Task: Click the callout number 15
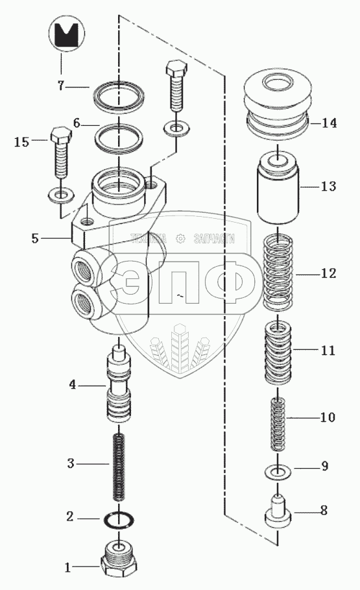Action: coord(21,142)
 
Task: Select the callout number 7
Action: coord(61,86)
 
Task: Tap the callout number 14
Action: coord(328,123)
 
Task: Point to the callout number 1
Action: coord(67,567)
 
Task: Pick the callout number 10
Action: coord(328,417)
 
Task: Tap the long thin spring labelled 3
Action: coord(119,467)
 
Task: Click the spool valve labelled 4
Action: coord(119,386)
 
